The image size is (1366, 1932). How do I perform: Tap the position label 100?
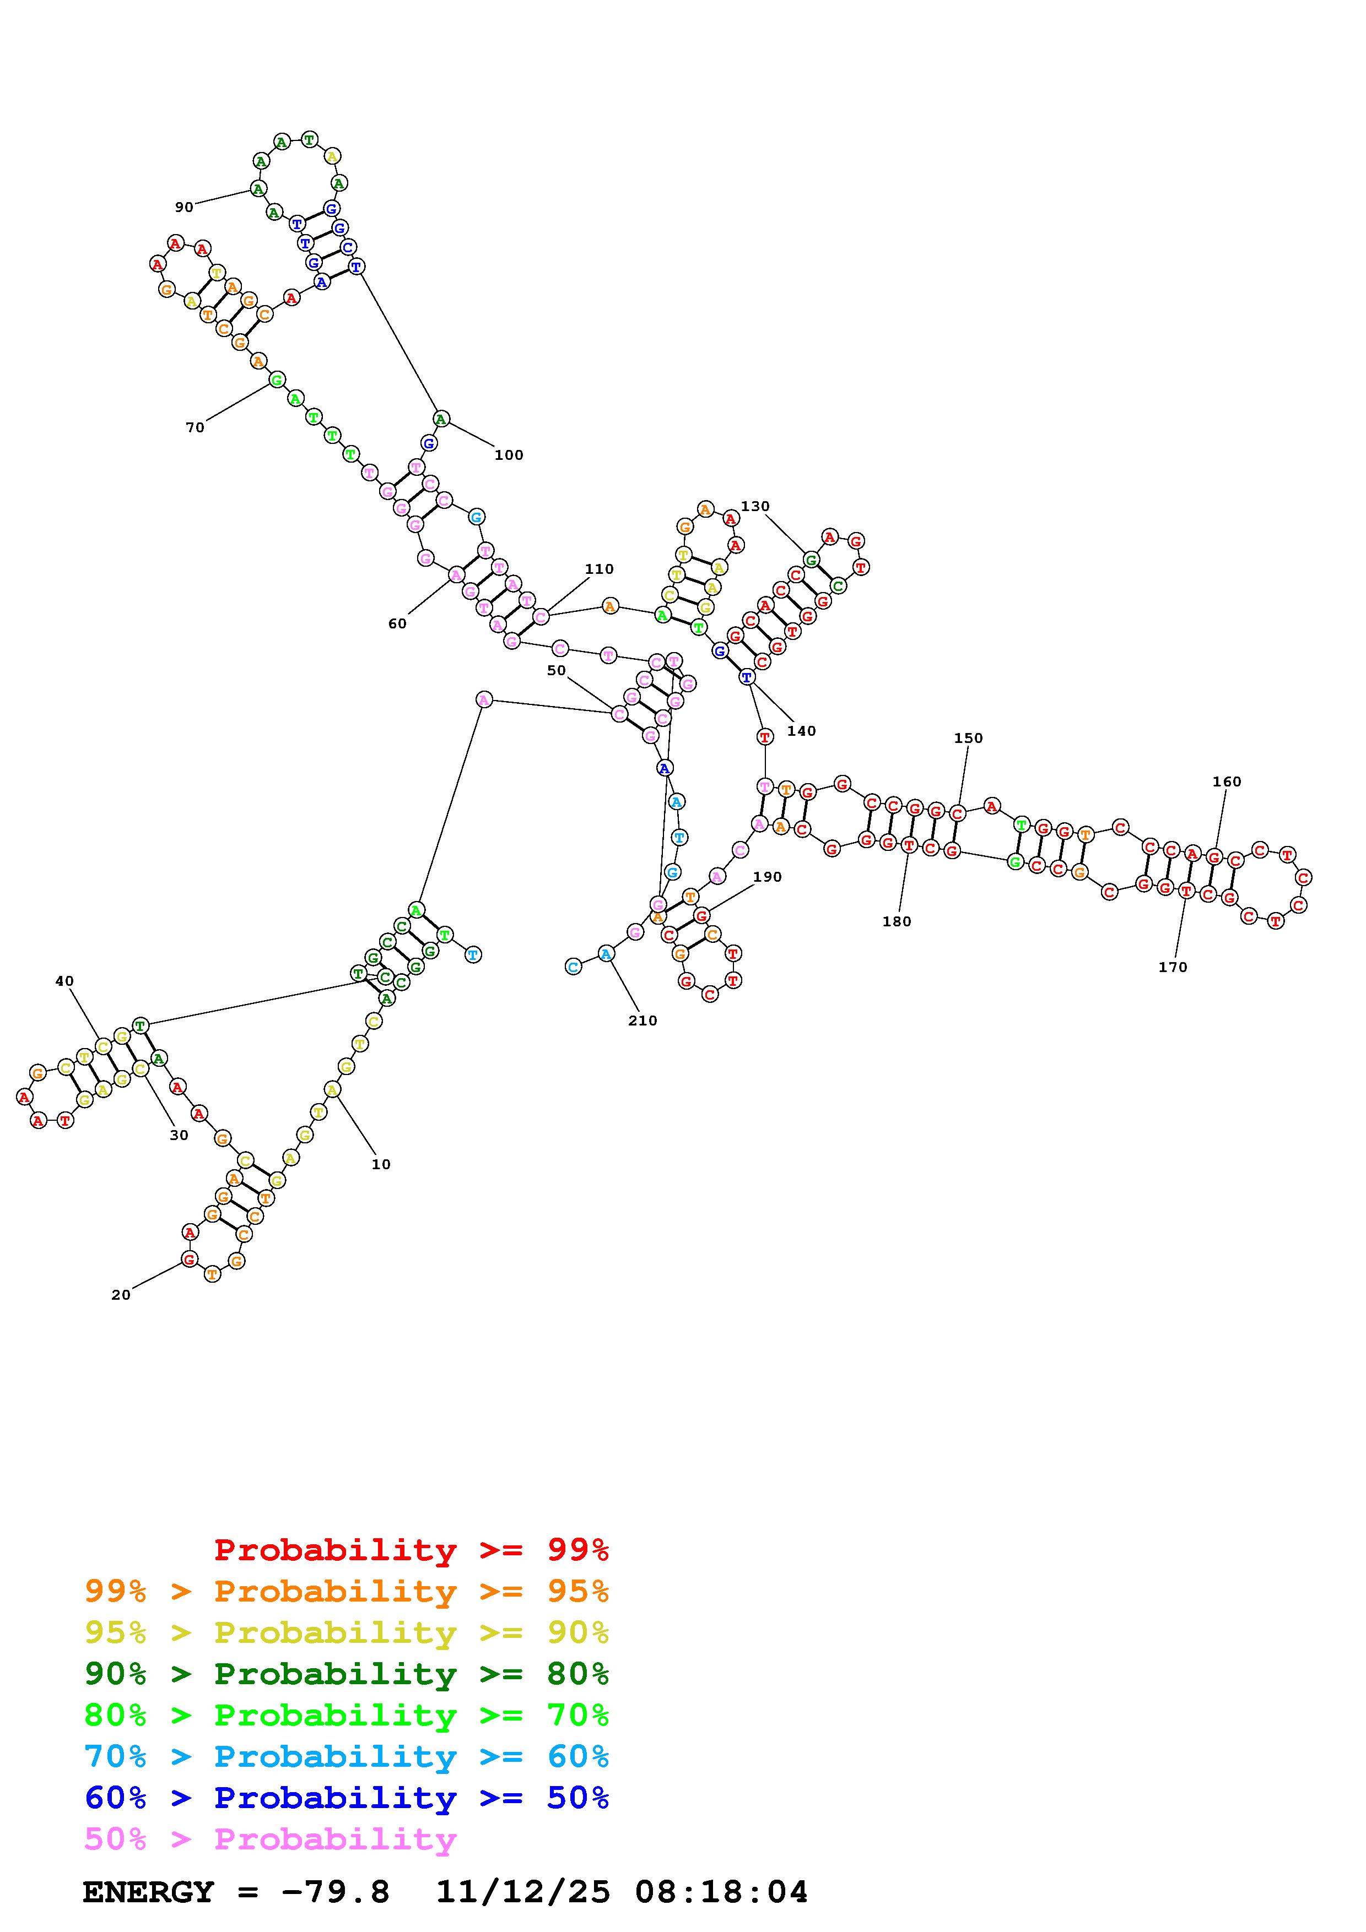[509, 455]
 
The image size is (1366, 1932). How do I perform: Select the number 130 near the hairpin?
[755, 507]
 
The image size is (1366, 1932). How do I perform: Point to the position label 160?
[1226, 782]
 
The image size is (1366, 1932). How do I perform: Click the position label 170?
[1173, 968]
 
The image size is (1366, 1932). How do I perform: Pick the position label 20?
[121, 1295]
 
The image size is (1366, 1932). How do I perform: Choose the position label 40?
[65, 981]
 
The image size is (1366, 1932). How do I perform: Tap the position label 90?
[183, 207]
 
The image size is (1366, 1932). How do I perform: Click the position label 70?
[195, 427]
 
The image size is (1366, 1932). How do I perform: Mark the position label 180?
[897, 921]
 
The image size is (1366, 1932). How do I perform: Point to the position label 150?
[968, 738]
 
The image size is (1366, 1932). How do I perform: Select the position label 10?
[381, 1165]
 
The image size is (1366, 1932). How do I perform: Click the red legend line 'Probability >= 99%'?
[411, 1550]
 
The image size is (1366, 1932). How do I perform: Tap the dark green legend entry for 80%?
[346, 1674]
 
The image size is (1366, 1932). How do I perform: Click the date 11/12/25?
[522, 1892]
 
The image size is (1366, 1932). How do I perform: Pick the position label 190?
[766, 877]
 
